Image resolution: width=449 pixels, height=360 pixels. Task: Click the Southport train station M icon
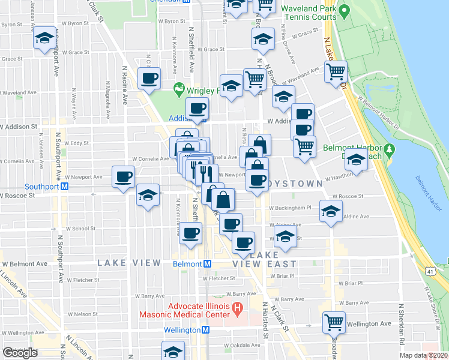[64, 186]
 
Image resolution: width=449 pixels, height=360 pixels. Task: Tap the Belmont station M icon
[206, 263]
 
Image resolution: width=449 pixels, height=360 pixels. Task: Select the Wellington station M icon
[205, 330]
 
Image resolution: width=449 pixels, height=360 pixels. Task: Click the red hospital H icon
[237, 310]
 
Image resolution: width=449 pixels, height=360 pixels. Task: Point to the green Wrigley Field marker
[178, 90]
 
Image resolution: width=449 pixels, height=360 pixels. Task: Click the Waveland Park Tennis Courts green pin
[343, 11]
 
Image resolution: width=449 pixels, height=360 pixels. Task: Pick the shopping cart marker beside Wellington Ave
[334, 322]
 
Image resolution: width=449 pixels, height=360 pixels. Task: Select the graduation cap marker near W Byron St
[44, 38]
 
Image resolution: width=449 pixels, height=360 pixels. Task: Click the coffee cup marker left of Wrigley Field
[149, 77]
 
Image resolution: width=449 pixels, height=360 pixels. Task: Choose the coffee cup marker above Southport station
[124, 176]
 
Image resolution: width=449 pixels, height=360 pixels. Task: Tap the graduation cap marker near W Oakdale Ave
[173, 350]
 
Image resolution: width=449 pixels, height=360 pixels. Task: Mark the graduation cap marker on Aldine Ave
[331, 211]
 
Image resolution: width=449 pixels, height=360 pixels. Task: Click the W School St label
[80, 229]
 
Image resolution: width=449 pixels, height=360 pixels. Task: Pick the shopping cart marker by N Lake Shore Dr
[336, 72]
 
